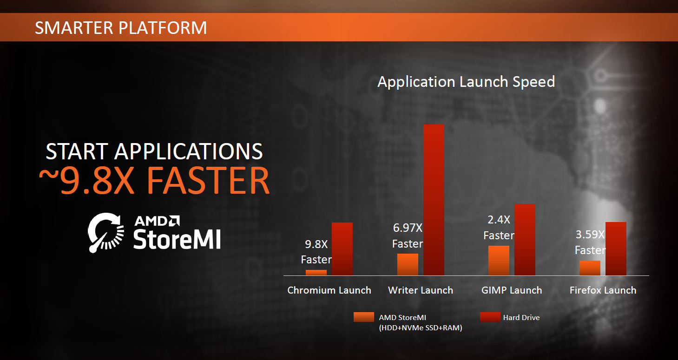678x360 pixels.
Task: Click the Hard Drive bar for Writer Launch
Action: coord(434,200)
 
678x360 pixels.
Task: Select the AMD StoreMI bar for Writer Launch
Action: coord(408,265)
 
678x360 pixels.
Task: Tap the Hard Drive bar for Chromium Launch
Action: coord(342,249)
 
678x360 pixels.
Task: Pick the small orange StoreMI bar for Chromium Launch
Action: coord(316,273)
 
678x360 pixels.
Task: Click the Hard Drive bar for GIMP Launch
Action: coord(525,240)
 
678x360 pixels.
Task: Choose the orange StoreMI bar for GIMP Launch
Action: coord(499,261)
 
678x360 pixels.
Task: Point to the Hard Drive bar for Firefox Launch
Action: coord(616,249)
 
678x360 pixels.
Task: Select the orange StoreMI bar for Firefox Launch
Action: coord(590,268)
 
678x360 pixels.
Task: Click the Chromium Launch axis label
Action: coord(329,290)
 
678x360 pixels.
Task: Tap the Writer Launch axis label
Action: coord(421,290)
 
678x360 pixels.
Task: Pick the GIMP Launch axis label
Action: coord(512,290)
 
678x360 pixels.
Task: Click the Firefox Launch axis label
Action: coord(603,290)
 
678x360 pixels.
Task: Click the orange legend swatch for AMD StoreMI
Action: coord(364,317)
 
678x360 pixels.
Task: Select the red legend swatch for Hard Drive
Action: coord(490,317)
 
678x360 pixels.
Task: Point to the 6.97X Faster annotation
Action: coord(408,236)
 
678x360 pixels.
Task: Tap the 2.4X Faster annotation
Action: coord(499,228)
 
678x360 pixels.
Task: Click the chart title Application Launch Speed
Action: coord(466,82)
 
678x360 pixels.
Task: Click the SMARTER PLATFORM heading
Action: coord(121,28)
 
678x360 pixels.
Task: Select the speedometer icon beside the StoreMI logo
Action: coord(106,233)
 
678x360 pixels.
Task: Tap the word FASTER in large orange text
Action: coord(208,181)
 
